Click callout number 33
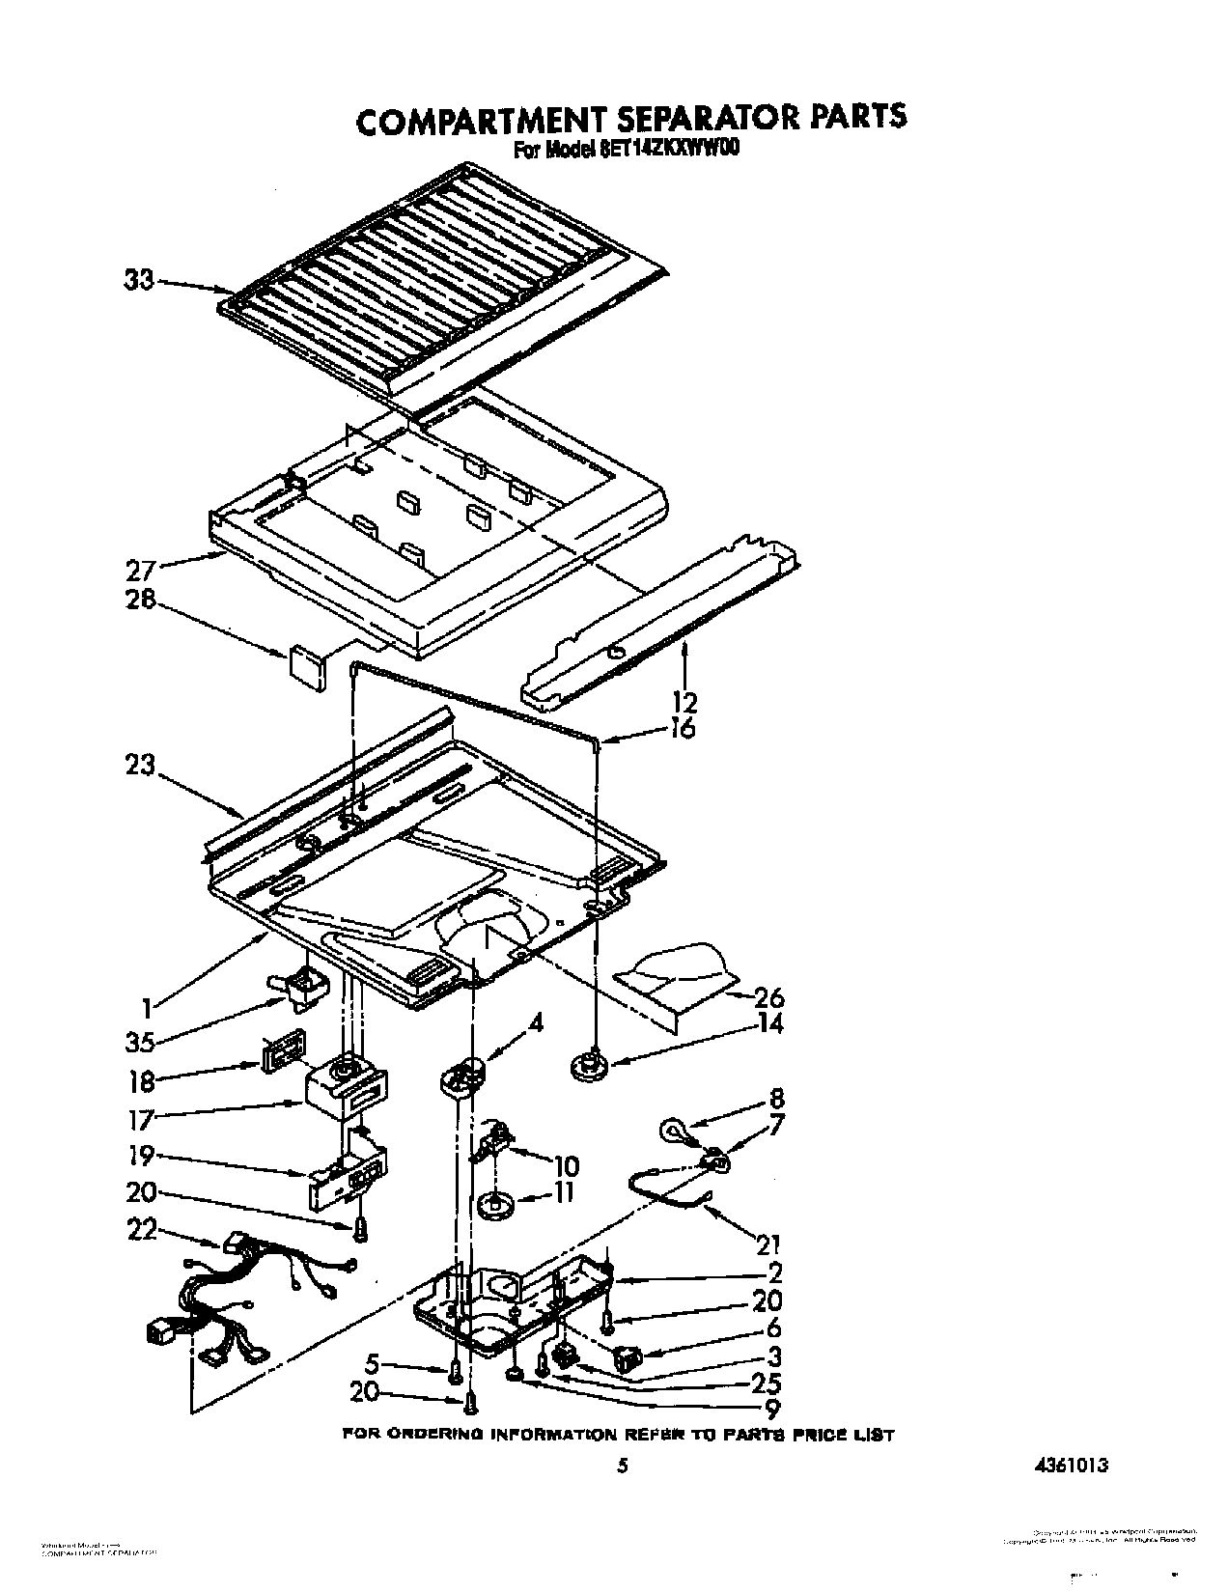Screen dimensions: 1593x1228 click(139, 282)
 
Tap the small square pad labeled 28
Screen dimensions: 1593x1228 click(306, 665)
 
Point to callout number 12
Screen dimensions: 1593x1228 click(686, 701)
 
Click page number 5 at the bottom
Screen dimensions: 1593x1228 click(623, 1466)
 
